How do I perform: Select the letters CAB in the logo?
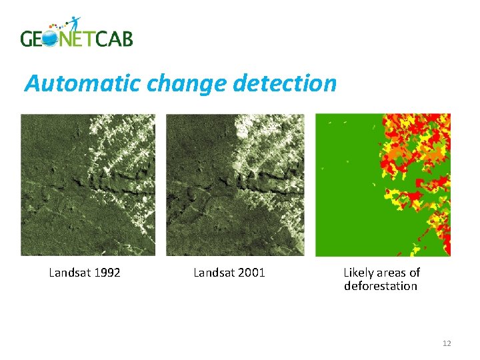coord(113,39)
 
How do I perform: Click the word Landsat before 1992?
coord(69,273)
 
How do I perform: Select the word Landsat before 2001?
coord(213,273)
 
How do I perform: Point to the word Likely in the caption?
coord(358,273)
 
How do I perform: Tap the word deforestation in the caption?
coord(381,287)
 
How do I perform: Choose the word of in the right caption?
coord(415,273)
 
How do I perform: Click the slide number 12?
coord(447,343)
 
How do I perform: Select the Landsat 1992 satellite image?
coord(88,185)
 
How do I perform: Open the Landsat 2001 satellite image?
coord(235,185)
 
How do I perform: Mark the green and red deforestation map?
coord(383,185)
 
